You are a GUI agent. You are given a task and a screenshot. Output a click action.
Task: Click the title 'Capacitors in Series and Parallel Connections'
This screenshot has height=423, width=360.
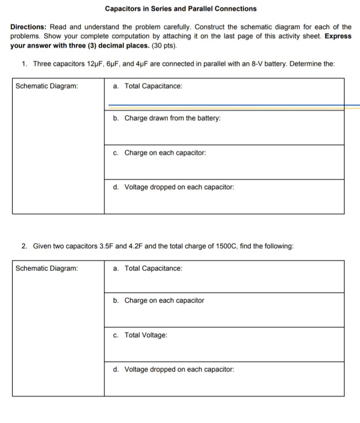point(180,8)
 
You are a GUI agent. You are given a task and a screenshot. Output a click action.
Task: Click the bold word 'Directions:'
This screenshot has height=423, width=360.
point(28,27)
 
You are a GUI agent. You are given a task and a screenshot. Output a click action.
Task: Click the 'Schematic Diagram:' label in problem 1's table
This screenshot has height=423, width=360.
point(47,86)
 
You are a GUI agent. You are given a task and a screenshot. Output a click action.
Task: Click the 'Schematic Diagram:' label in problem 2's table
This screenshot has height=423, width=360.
point(47,269)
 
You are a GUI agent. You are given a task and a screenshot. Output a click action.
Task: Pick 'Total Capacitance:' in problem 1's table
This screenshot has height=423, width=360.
point(153,86)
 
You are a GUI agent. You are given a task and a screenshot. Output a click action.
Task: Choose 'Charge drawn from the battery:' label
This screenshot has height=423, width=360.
point(172,118)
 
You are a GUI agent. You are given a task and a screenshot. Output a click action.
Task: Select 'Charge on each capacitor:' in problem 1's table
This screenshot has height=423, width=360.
point(165,153)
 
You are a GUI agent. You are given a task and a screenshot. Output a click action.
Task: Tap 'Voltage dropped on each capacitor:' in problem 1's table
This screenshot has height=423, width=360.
point(179,187)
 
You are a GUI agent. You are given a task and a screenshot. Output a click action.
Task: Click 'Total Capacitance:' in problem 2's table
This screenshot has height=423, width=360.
point(153,269)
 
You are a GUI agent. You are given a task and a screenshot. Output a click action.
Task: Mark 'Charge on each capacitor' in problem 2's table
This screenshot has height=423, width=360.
point(164,301)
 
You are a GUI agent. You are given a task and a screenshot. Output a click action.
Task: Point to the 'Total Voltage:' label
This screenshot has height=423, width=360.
point(146,335)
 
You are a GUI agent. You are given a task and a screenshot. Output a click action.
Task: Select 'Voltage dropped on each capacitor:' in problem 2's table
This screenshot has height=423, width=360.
point(179,369)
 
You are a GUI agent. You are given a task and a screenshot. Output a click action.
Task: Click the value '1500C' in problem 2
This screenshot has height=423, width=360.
point(227,246)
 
